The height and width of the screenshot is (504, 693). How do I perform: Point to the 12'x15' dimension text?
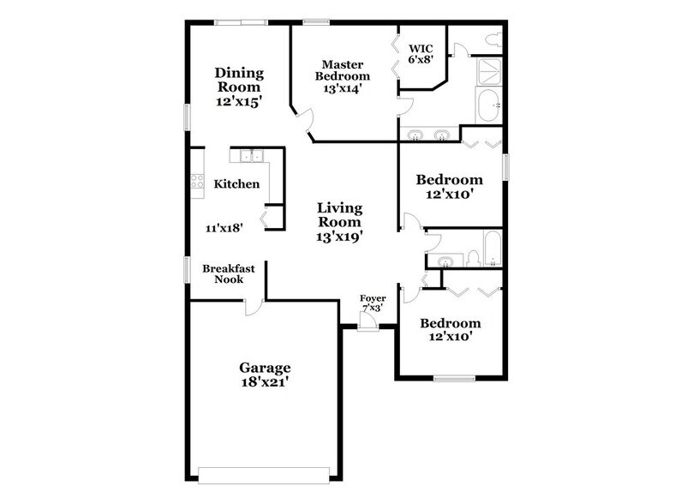coord(239,100)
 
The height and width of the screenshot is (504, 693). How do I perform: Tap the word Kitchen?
coord(236,183)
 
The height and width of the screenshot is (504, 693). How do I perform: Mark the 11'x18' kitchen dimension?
coord(225,228)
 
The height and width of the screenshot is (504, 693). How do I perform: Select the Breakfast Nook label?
coord(228,273)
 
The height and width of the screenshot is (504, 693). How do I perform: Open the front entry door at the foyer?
coord(368,322)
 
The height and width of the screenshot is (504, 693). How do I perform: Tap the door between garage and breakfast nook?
coord(253,305)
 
